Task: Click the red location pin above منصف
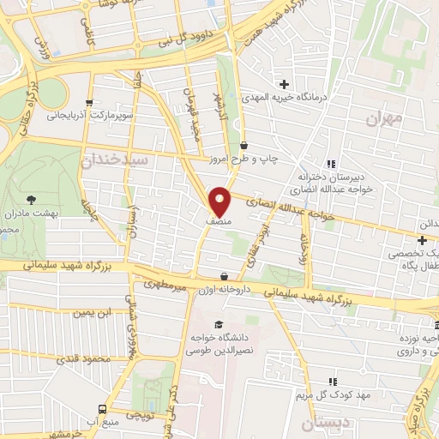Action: pyautogui.click(x=220, y=201)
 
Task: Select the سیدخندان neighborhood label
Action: pyautogui.click(x=115, y=159)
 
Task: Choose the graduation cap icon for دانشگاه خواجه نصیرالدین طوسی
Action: pyautogui.click(x=219, y=324)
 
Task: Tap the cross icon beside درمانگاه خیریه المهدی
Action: pyautogui.click(x=284, y=84)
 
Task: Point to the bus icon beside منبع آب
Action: pyautogui.click(x=102, y=409)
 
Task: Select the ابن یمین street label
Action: pyautogui.click(x=93, y=313)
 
